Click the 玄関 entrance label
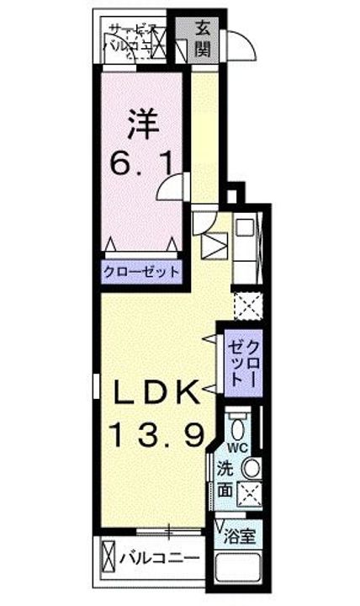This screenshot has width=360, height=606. [204, 39]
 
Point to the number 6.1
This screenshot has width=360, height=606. [142, 161]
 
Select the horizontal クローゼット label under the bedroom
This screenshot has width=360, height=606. [141, 272]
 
